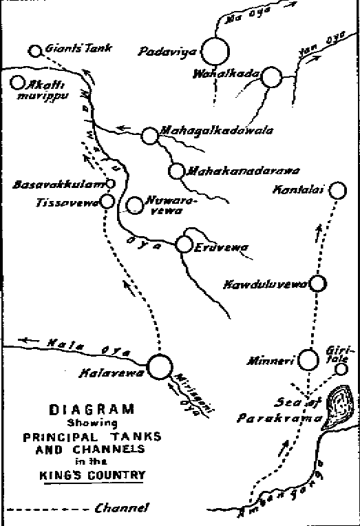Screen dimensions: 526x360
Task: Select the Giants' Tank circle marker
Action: (36, 51)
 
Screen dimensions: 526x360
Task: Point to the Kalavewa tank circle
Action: (159, 366)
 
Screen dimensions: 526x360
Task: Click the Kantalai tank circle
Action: (337, 190)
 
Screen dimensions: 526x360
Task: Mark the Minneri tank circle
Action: (310, 358)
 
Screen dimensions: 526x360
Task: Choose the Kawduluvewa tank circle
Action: (317, 283)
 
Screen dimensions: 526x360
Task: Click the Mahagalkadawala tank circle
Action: (149, 136)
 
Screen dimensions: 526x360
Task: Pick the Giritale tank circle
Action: (340, 369)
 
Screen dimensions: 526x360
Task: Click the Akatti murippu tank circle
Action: (17, 83)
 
